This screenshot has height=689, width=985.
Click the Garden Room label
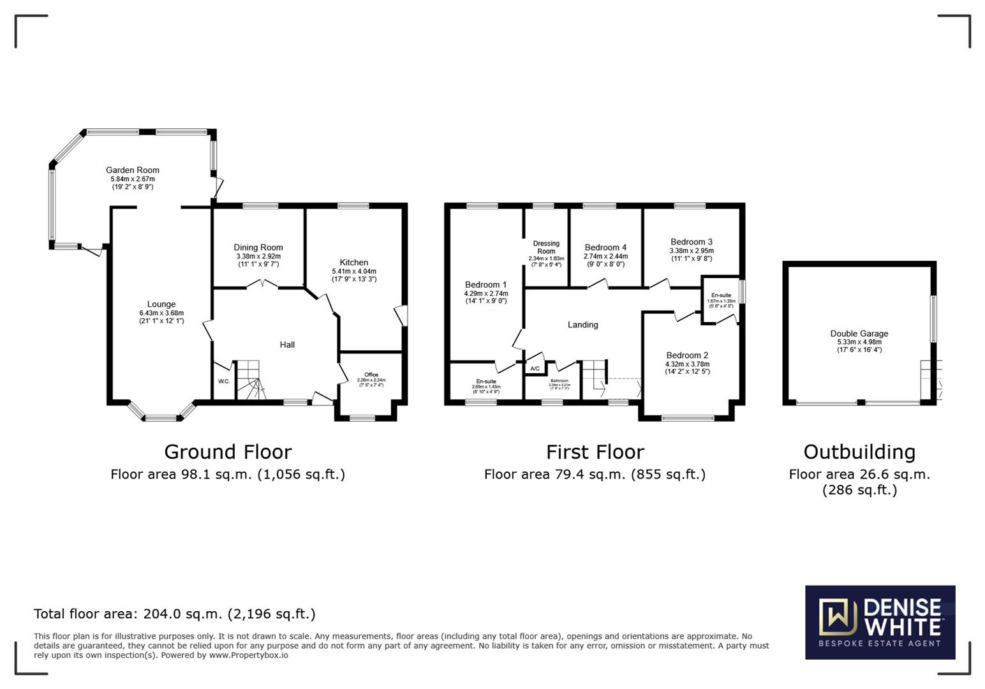pos(132,170)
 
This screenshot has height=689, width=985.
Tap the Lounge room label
pos(161,304)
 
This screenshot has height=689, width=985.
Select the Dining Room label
pos(258,248)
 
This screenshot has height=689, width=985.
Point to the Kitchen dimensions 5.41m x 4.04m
pos(353,271)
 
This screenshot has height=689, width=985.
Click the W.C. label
pos(224,382)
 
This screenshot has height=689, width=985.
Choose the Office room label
pos(371,375)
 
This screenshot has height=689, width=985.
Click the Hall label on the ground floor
pos(287,344)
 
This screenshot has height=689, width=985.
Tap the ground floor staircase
pos(249,380)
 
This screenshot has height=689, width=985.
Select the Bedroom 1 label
pos(485,285)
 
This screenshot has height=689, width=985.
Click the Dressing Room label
pos(546,247)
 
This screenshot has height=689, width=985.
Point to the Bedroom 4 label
pos(605,248)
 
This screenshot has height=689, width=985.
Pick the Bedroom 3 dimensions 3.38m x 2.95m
pos(692,251)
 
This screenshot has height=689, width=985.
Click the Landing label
pos(582,325)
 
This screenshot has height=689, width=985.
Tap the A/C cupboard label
pos(535,369)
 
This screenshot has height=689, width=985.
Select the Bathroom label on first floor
pos(559,381)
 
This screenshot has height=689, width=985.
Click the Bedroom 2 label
pos(687,355)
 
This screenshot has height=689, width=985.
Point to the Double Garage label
pos(859,334)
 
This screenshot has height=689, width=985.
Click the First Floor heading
pos(595,452)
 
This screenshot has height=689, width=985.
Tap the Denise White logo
pos(880,622)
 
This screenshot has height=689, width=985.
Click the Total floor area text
pos(174,614)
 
